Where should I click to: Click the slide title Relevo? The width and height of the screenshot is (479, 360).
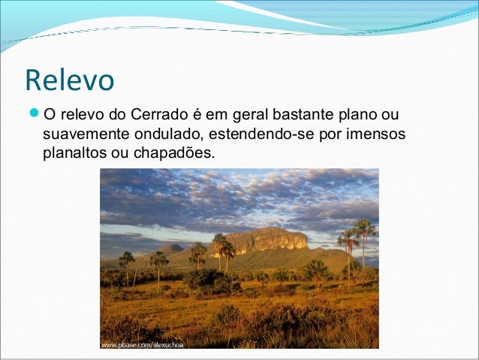(x=69, y=80)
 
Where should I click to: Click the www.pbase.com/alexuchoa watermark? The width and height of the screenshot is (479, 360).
(x=142, y=345)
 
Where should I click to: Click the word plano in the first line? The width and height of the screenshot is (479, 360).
(x=352, y=116)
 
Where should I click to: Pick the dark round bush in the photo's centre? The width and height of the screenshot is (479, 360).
(x=206, y=280)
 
